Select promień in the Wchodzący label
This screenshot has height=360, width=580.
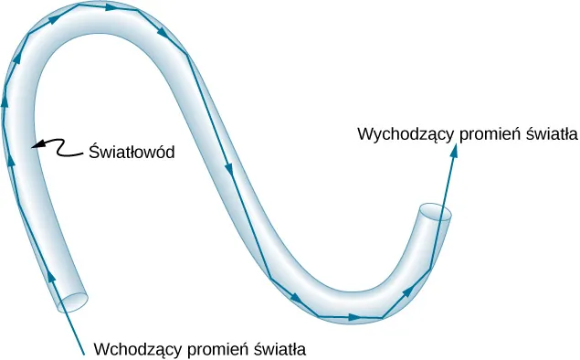pos(216,348)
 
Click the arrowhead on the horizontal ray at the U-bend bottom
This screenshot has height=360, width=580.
pos(354,317)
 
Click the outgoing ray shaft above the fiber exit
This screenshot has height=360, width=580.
pos(449,187)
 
